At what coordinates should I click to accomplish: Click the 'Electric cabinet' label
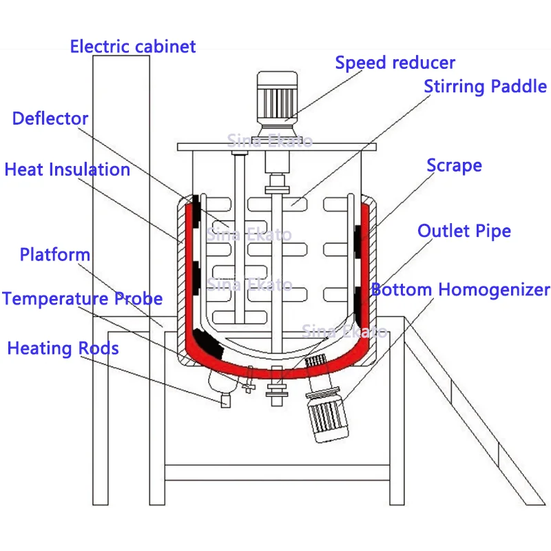coord(133,47)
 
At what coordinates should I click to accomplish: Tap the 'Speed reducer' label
coord(395,63)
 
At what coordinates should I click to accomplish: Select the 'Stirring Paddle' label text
coord(485,87)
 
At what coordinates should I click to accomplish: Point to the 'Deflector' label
coord(50,118)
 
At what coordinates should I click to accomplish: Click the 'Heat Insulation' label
coord(67,169)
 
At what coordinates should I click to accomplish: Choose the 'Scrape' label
coord(454,166)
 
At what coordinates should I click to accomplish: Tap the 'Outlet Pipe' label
coord(464,231)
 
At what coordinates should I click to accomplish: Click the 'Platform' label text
coord(55,255)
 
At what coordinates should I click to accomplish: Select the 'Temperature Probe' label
coord(83,299)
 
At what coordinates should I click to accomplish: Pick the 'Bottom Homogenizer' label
coord(461,289)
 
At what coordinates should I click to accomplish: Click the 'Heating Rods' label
coord(63,349)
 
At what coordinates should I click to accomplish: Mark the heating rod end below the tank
coord(225,400)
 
